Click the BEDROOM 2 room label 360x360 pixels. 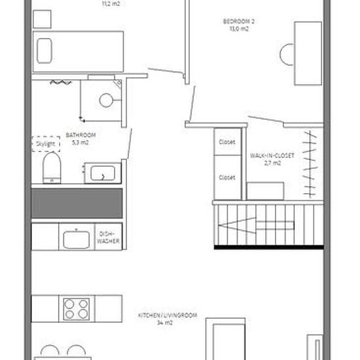239,22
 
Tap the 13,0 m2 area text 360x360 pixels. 239,29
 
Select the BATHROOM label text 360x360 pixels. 81,135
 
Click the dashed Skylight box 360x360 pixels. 46,144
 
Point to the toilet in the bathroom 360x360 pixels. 52,168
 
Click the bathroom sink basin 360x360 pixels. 103,173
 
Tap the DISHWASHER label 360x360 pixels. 109,238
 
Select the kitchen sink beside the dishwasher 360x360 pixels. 76,240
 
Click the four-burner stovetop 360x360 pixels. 76,309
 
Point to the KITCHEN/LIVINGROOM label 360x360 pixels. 168,315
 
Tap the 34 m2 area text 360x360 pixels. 165,323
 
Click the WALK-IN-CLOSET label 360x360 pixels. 272,156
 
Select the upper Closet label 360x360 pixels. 227,142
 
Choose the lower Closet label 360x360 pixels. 227,177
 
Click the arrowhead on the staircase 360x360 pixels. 237,225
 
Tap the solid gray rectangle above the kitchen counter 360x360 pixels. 77,204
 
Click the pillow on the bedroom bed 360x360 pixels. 45,51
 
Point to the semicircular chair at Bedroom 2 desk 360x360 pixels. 287,54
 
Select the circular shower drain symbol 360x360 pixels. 106,100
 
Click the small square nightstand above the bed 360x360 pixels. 42,19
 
